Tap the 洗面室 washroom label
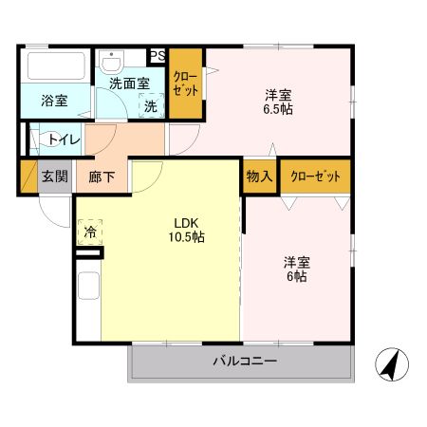tap(129, 84)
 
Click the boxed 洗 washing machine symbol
tap(150, 106)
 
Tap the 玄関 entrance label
tap(54, 177)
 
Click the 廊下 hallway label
tap(103, 177)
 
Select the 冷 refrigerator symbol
tap(89, 231)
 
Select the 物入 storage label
tap(259, 176)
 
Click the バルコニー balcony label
tap(244, 362)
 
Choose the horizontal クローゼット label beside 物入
tap(315, 176)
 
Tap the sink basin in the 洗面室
tap(118, 62)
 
